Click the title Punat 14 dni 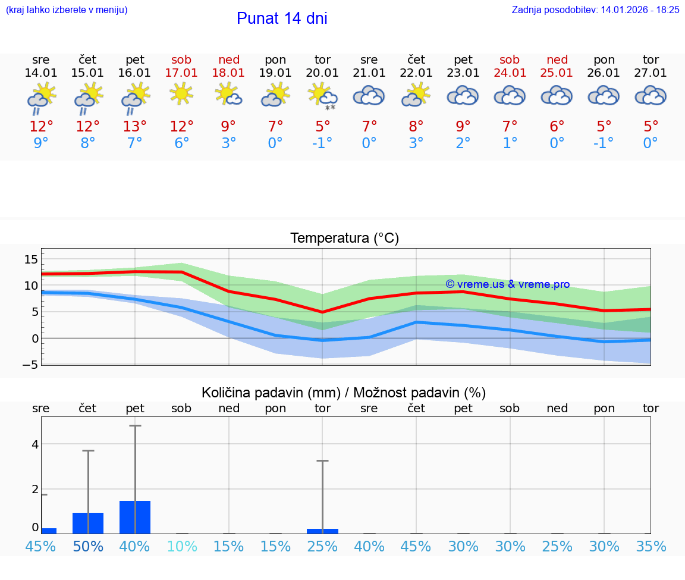(x=282, y=18)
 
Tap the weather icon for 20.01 (x=322, y=96)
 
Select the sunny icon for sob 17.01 (x=181, y=94)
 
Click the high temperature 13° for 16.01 (x=135, y=127)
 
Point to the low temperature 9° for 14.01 (x=41, y=143)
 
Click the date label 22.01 (x=416, y=73)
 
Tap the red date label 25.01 (x=557, y=73)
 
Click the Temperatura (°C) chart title (x=344, y=239)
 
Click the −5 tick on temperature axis (x=29, y=365)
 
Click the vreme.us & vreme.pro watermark (x=507, y=284)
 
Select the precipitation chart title (x=344, y=393)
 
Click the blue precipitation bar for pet (x=135, y=518)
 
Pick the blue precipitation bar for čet (x=88, y=523)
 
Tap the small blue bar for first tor (x=322, y=531)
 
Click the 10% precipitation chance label (x=181, y=546)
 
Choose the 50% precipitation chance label (x=88, y=546)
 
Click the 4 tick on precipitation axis (x=35, y=444)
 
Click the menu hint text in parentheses (x=67, y=10)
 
